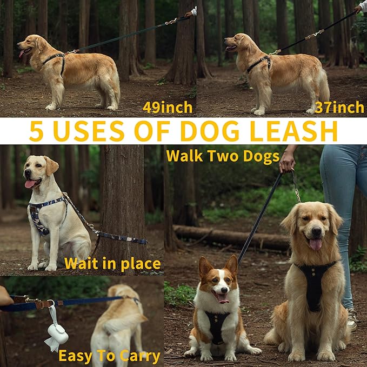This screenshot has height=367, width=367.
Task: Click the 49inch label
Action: click(x=167, y=107)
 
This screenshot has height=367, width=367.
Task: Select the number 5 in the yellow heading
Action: click(x=37, y=131)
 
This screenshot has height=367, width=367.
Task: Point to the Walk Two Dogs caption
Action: click(x=223, y=156)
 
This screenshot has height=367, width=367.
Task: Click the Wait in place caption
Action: click(x=112, y=264)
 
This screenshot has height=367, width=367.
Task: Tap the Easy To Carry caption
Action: click(x=109, y=356)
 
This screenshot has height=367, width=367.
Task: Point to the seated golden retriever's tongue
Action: click(x=316, y=243)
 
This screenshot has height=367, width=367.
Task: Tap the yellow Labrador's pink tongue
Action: click(x=30, y=184)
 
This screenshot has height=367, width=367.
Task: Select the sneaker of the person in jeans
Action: click(x=352, y=318)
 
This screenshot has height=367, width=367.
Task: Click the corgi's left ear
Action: click(x=205, y=266)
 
